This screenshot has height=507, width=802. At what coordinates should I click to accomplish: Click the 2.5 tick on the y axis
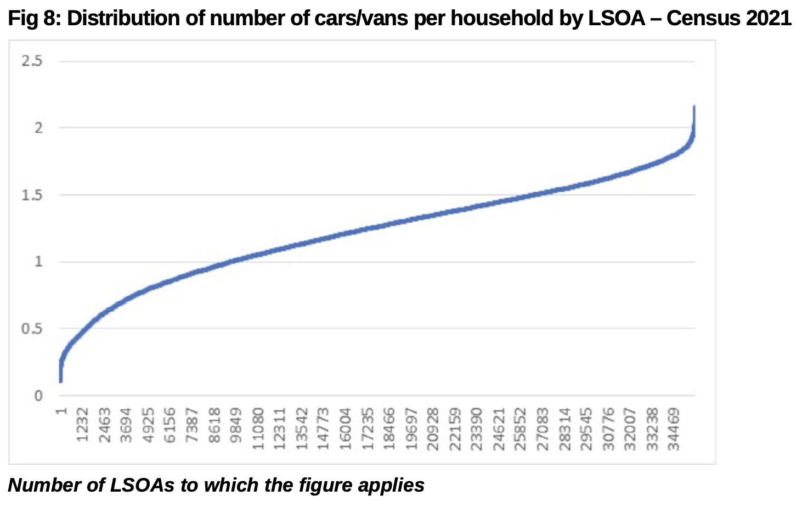click(32, 61)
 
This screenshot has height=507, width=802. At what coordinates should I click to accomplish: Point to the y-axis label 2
click(38, 128)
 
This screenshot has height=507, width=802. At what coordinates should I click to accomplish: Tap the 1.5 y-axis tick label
click(32, 195)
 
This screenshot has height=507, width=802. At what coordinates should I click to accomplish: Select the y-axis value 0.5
click(32, 329)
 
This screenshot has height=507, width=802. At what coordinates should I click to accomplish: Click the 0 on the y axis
click(38, 396)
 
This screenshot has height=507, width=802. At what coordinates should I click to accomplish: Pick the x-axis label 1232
click(83, 424)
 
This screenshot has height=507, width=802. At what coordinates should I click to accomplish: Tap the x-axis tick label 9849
click(236, 424)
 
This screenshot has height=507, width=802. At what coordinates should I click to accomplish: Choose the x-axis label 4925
click(149, 424)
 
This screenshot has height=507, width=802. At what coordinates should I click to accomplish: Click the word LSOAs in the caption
click(142, 485)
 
